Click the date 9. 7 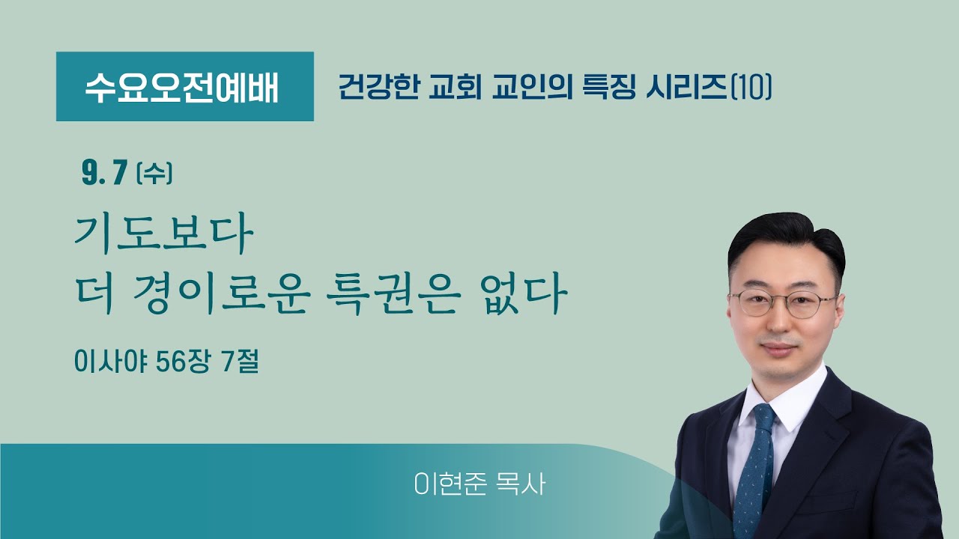coord(103,174)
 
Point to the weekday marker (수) coord(155,175)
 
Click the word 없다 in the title coord(524,296)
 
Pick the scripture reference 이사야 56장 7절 coord(166,363)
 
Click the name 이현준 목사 coord(479,484)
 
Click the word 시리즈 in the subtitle coord(686,88)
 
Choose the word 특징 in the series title coord(611,88)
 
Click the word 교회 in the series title coord(459,88)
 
